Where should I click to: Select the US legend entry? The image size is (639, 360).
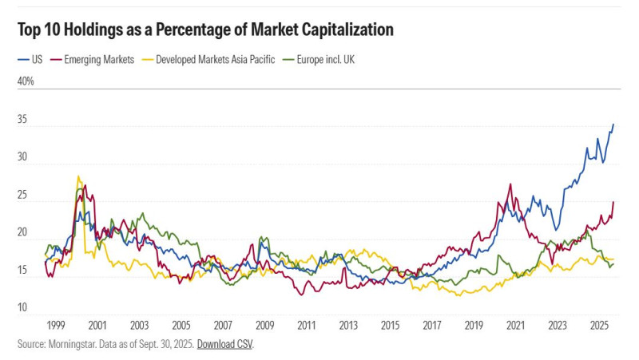point(32,59)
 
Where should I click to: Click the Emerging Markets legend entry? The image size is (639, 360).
point(97,59)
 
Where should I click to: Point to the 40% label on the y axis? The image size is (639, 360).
point(25,82)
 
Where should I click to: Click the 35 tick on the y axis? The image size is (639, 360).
point(23,121)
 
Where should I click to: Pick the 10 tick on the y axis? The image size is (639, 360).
point(23,308)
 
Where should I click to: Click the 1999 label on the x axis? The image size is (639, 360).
point(55,325)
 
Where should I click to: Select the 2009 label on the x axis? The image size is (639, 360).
point(264,325)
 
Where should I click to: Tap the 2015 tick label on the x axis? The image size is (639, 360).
point(390,325)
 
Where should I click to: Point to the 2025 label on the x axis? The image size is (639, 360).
point(599,325)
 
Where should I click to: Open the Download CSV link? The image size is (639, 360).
point(224,344)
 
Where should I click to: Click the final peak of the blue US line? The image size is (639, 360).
point(613,125)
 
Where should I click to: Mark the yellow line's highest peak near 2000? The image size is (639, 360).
point(77,176)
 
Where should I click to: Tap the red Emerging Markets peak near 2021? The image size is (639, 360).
point(510,184)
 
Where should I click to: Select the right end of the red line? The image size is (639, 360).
point(613,202)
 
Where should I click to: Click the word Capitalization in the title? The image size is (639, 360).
point(344,30)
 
